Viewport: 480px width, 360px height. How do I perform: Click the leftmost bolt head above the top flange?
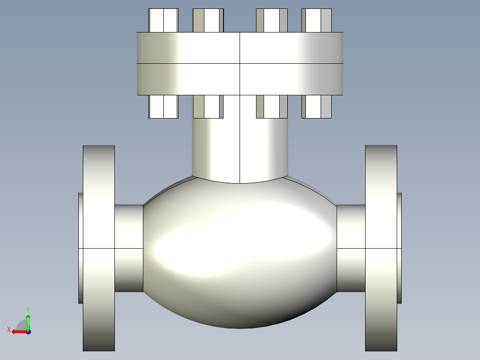(x=163, y=20)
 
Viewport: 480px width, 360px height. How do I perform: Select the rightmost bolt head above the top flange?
(x=317, y=20)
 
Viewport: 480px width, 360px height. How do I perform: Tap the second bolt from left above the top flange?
(x=208, y=20)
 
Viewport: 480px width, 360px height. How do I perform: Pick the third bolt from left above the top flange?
(x=272, y=20)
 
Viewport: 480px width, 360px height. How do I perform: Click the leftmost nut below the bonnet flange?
(x=163, y=107)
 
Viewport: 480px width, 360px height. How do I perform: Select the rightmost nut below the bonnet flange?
(x=317, y=107)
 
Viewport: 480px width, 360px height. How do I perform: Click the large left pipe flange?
(x=98, y=248)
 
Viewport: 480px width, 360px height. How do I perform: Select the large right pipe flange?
(x=381, y=248)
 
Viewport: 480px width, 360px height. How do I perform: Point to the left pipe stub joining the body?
(x=129, y=248)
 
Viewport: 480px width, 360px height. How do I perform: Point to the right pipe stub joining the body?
(x=351, y=248)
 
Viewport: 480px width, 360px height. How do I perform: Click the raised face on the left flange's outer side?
(x=81, y=248)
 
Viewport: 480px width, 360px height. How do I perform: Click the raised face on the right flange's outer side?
(x=399, y=248)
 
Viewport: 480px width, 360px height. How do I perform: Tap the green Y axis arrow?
(x=28, y=320)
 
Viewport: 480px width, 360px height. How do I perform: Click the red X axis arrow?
(x=18, y=331)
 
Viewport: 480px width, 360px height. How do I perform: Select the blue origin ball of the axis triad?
(x=28, y=331)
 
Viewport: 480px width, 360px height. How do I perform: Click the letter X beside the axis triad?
(x=8, y=329)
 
